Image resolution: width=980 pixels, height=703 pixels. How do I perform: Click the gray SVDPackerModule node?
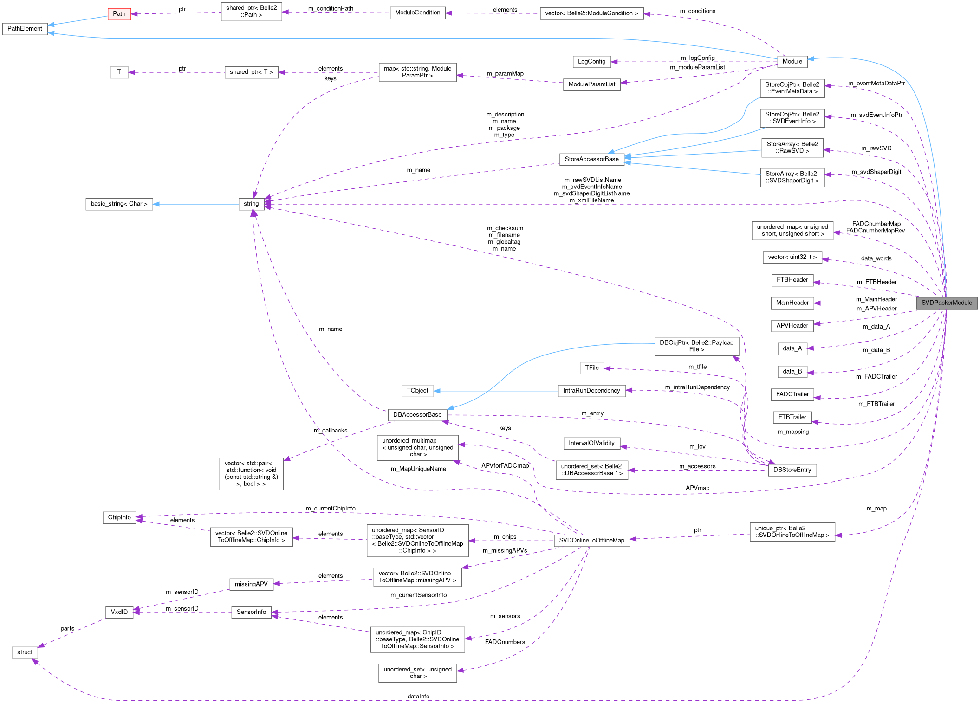(946, 303)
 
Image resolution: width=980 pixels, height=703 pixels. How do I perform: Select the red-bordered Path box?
(119, 13)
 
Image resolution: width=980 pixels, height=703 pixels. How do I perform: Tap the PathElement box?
(25, 29)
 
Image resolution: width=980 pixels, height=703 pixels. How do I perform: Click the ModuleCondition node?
(417, 13)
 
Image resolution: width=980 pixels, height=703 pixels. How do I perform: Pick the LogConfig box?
(591, 61)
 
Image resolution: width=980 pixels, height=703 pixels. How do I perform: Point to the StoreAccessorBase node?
(591, 159)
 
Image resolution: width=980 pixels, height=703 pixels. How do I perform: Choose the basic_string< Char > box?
(119, 204)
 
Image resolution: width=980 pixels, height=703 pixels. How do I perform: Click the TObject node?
(417, 391)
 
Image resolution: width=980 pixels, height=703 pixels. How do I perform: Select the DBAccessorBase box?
(417, 415)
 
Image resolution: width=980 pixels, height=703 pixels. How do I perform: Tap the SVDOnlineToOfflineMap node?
(591, 541)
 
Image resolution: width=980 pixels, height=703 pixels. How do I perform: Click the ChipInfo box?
(119, 517)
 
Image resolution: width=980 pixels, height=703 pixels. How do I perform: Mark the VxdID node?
(119, 612)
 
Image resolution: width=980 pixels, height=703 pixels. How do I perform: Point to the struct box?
(25, 652)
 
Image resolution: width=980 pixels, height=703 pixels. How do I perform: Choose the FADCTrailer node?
(792, 394)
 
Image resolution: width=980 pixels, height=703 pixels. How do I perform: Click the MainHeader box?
(792, 303)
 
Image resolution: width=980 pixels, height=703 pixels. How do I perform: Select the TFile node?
(591, 368)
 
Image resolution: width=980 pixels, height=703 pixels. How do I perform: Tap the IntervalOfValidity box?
(591, 443)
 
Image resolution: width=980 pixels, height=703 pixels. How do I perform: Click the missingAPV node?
(251, 584)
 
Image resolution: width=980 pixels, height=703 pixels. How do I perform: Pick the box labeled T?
(119, 72)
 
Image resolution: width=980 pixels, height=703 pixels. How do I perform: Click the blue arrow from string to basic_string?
(195, 204)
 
